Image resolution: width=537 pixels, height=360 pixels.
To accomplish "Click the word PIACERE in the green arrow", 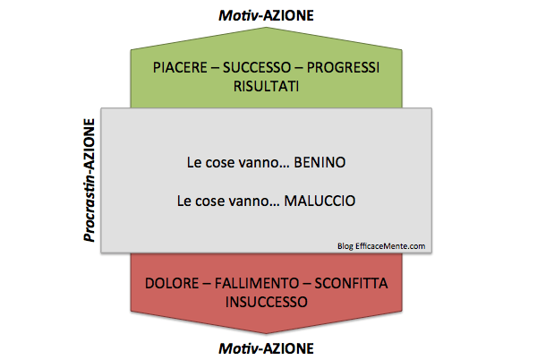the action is [180, 67].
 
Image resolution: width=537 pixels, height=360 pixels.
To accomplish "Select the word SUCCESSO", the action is [257, 67].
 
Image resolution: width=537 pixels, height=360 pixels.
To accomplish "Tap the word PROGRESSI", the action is [343, 67].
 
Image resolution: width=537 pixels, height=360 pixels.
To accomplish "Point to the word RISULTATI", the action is [266, 86].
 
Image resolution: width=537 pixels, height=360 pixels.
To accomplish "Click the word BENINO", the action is [320, 162].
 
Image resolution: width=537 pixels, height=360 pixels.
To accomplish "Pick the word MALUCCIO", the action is [320, 201].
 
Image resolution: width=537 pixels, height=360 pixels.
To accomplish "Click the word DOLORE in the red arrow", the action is [172, 284].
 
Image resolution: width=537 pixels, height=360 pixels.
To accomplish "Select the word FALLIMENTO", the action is [257, 284].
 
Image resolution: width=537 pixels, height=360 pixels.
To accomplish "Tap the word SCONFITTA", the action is [352, 284].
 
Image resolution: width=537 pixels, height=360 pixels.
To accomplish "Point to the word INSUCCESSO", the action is [267, 302].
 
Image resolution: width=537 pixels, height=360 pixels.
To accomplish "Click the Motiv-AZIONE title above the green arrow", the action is [266, 15].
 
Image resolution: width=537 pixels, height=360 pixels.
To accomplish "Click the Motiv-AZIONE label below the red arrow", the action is [266, 348].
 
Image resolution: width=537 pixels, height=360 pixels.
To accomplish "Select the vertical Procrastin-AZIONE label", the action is [89, 180].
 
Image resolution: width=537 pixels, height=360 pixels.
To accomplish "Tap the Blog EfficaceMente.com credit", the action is [381, 246].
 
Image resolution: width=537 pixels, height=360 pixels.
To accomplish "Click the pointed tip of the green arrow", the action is [266, 28].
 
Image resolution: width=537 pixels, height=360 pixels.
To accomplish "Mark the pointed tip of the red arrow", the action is [266, 333].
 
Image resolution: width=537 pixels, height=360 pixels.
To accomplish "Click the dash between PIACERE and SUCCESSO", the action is [215, 68].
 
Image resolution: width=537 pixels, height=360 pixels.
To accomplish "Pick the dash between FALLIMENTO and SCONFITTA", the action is [307, 284].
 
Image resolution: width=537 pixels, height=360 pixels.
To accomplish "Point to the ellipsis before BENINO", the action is [285, 167].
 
